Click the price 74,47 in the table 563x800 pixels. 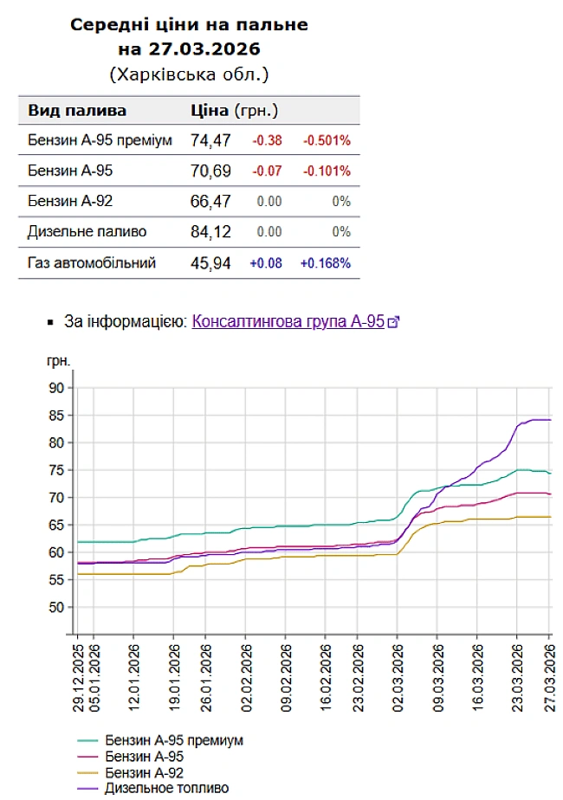pyautogui.click(x=210, y=140)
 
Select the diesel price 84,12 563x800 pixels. pyautogui.click(x=210, y=232)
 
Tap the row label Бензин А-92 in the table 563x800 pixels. pyautogui.click(x=70, y=201)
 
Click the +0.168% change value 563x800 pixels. pyautogui.click(x=325, y=262)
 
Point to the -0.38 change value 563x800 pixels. pyautogui.click(x=267, y=140)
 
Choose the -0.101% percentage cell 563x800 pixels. pyautogui.click(x=326, y=171)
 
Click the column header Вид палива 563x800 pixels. pyautogui.click(x=77, y=111)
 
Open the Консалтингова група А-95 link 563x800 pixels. pyautogui.click(x=288, y=321)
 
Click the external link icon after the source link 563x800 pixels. pyautogui.click(x=393, y=322)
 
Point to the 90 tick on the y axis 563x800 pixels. pyautogui.click(x=56, y=388)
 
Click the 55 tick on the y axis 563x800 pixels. pyautogui.click(x=56, y=580)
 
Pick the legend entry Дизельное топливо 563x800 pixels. pyautogui.click(x=166, y=788)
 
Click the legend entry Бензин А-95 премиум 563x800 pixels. pyautogui.click(x=173, y=741)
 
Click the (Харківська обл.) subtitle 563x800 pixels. pyautogui.click(x=189, y=74)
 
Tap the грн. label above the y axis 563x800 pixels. pyautogui.click(x=59, y=360)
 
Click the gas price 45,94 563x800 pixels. pyautogui.click(x=210, y=262)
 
